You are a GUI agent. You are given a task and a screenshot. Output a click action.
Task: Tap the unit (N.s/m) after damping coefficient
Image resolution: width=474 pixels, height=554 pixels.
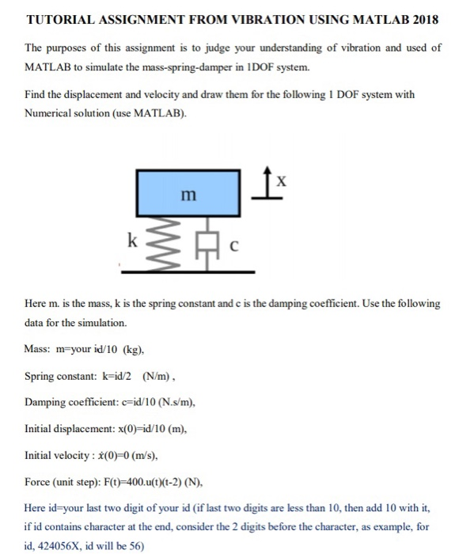(168, 401)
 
